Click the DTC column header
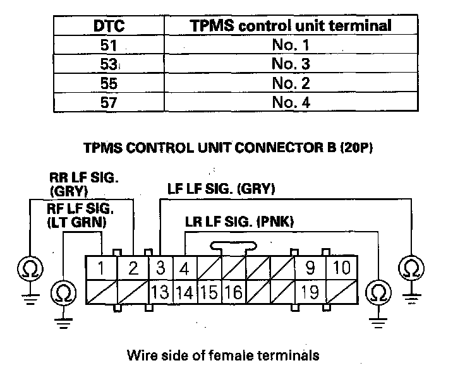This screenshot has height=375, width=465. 108,26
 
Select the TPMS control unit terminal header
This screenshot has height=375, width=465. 291,26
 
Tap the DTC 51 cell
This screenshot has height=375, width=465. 108,45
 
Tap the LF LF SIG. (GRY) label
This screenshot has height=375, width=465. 220,189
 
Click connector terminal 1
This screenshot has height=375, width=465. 101,268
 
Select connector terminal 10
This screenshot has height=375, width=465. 341,268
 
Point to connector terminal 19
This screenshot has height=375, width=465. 310,292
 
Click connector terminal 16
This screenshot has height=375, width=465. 232,292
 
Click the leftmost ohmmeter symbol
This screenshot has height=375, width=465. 30,268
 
